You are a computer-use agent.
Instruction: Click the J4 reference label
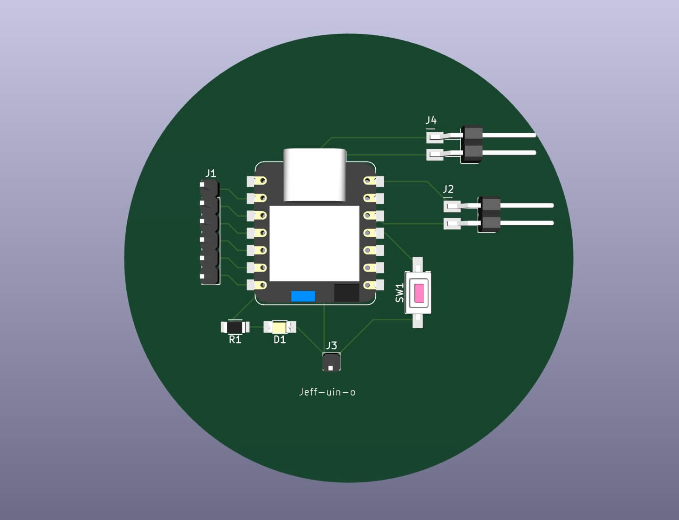(x=431, y=120)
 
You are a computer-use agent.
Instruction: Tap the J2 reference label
(x=448, y=189)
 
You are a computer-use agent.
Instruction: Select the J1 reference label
(x=210, y=173)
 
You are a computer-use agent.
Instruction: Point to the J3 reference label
(x=332, y=345)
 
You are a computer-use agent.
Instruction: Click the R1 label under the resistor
(x=235, y=340)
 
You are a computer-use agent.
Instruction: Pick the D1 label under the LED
(x=280, y=340)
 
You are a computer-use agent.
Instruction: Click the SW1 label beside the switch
(x=400, y=292)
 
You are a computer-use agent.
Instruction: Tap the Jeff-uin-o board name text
(x=327, y=392)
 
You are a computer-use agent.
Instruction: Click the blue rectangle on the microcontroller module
(x=303, y=296)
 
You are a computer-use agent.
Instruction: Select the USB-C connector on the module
(x=315, y=175)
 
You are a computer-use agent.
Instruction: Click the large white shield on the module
(x=314, y=243)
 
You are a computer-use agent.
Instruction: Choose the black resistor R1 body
(x=235, y=327)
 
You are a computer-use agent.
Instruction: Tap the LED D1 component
(x=280, y=327)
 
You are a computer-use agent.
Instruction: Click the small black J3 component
(x=331, y=362)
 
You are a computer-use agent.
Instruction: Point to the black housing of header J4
(x=472, y=144)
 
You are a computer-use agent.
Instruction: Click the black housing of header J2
(x=490, y=214)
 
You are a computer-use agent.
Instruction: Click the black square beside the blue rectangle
(x=346, y=293)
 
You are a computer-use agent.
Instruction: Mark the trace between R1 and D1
(x=256, y=327)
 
